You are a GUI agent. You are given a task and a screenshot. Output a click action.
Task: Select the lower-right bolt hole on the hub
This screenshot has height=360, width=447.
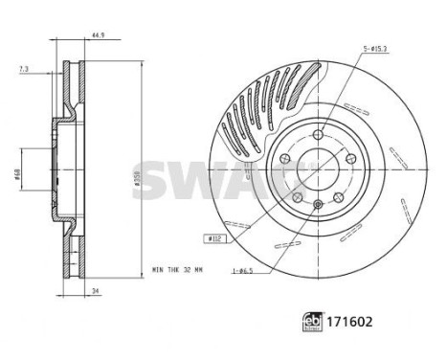(338, 198)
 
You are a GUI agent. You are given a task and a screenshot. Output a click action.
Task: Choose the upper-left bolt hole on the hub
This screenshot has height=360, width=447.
(284, 156)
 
